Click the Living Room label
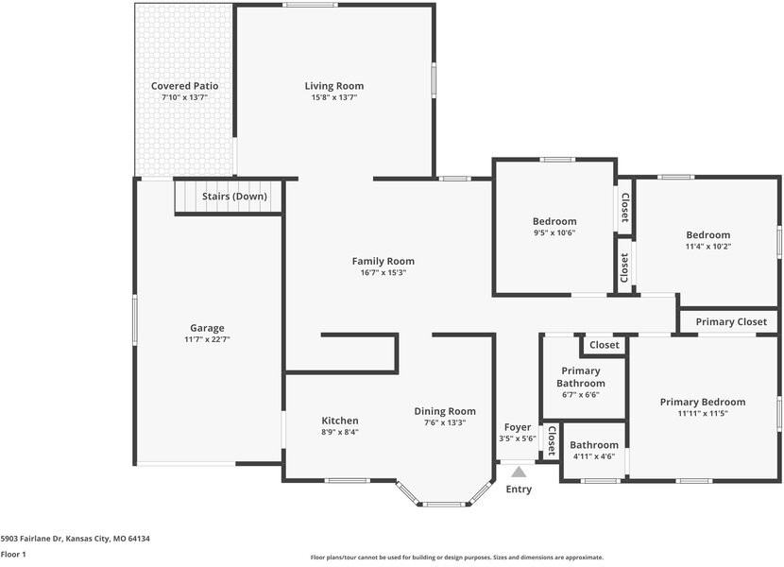[334, 86]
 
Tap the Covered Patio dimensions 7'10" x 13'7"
[184, 97]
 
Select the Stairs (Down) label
[234, 197]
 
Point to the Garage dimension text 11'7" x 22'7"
[207, 339]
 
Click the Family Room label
[383, 261]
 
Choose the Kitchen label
[340, 421]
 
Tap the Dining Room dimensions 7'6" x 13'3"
[445, 422]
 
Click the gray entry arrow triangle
[519, 472]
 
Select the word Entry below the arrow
[519, 489]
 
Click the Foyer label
[518, 427]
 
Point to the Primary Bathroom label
[581, 377]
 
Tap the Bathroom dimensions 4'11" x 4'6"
[594, 456]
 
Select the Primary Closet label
[731, 322]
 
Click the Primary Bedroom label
[703, 402]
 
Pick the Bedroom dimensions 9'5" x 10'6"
[554, 232]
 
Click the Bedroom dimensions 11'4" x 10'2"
[708, 247]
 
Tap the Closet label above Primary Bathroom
[604, 345]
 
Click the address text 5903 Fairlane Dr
[31, 539]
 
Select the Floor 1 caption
[13, 554]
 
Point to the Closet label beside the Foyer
[551, 441]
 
